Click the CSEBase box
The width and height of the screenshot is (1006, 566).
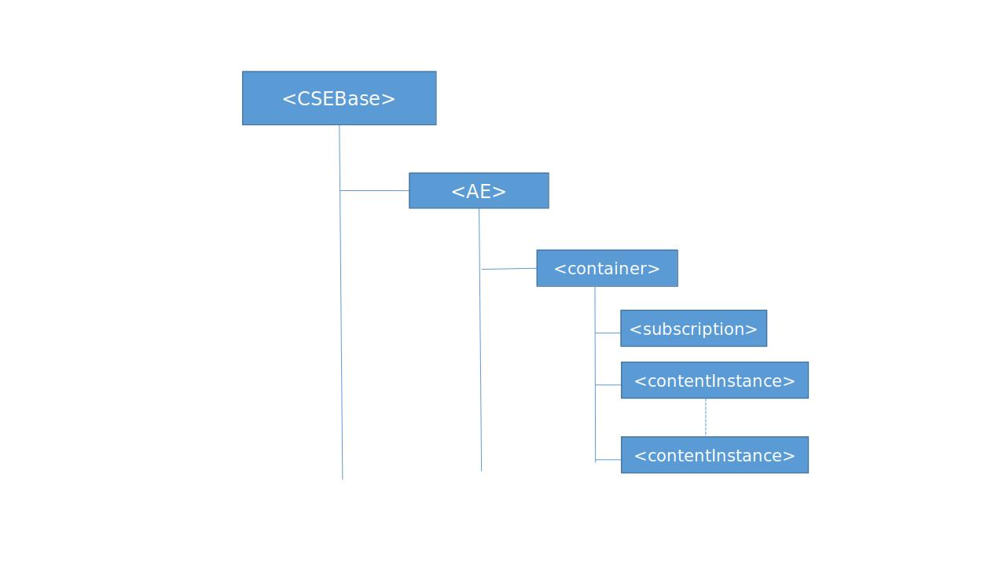pos(339,98)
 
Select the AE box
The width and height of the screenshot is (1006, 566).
pos(479,191)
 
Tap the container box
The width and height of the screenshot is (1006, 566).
pos(607,268)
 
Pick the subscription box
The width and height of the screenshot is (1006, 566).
pos(693,329)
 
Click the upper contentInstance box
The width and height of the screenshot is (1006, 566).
pos(714,380)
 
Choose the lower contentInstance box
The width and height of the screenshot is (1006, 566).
pos(714,455)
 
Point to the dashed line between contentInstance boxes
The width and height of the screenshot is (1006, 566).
pos(706,417)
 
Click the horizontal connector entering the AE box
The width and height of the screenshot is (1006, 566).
pos(374,190)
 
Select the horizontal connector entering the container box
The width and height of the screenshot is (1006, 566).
pos(509,269)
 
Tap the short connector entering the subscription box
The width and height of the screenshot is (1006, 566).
pos(608,333)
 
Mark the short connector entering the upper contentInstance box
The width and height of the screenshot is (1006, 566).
pos(608,384)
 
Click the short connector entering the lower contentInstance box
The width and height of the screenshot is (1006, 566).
pos(608,459)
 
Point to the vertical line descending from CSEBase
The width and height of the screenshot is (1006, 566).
pos(341,330)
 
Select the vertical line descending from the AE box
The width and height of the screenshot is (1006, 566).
pos(480,369)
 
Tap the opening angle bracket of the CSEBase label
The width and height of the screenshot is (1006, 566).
pos(288,99)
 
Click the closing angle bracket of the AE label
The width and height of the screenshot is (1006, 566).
pos(500,192)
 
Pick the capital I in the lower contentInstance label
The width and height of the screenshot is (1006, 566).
pos(715,455)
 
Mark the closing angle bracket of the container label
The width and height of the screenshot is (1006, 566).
pos(654,269)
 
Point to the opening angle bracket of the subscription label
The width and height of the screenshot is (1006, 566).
pos(635,329)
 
